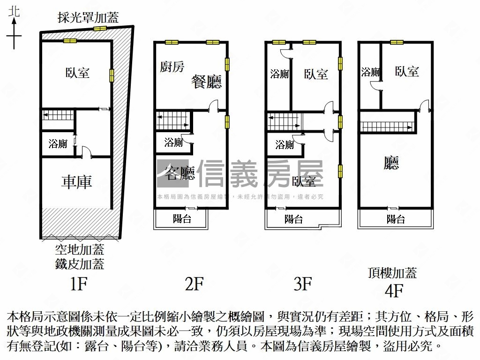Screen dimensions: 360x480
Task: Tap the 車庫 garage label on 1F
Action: click(76, 182)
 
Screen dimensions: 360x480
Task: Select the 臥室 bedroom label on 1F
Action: click(78, 73)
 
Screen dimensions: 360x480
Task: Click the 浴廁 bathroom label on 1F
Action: click(58, 144)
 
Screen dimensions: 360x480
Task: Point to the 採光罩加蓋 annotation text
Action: click(88, 18)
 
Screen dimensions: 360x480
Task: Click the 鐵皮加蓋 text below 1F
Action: click(79, 264)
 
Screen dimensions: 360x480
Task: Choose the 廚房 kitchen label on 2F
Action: click(172, 67)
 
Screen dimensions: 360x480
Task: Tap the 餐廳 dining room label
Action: click(206, 82)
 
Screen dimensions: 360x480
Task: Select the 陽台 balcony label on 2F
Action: click(182, 218)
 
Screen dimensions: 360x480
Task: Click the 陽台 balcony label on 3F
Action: click(294, 219)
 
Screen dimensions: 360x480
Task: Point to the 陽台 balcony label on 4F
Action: click(396, 219)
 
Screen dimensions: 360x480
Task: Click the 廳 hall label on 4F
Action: click(391, 163)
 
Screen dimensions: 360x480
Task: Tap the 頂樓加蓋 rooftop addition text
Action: click(393, 273)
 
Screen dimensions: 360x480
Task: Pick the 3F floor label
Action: click(303, 284)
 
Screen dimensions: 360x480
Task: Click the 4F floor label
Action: click(394, 291)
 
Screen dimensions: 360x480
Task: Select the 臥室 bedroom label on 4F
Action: click(407, 71)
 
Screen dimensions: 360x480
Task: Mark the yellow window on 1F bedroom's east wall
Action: click(112, 75)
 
